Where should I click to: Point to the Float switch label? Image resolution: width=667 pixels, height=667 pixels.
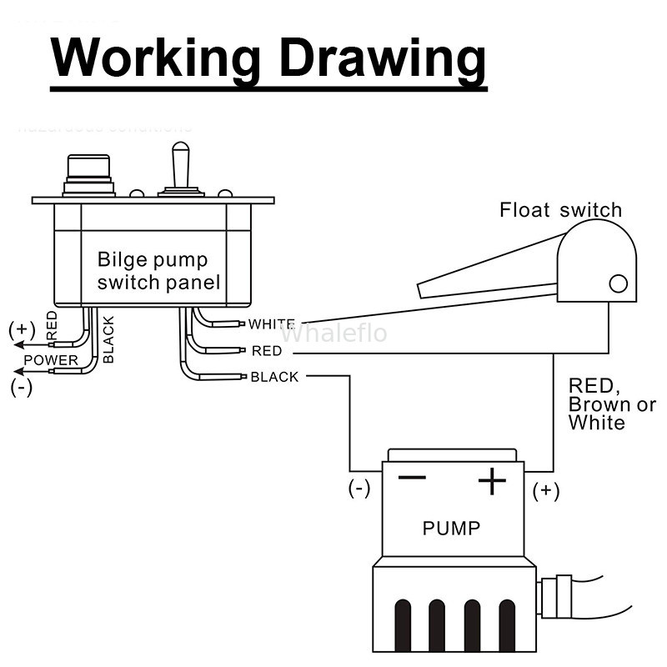coord(560,209)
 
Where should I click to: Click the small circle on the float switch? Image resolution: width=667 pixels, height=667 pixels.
coord(618,283)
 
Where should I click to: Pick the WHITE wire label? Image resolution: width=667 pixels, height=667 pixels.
coord(272,323)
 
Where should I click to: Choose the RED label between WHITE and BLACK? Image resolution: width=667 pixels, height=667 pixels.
coord(266,351)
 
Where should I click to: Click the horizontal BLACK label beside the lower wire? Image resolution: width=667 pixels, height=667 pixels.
coord(274,377)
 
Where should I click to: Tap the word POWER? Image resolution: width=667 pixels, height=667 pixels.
coord(50,360)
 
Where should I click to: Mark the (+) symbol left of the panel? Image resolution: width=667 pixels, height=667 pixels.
coord(22,330)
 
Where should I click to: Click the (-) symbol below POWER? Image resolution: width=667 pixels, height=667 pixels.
coord(22,387)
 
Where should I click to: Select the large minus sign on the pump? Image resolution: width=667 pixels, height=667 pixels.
coord(411,478)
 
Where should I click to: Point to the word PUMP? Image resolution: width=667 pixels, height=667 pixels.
coord(451,528)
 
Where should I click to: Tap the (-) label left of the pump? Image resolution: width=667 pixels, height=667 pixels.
coord(359,489)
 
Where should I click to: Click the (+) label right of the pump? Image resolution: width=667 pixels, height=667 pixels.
coord(546,490)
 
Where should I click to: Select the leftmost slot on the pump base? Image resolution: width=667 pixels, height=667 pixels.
coord(401,625)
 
